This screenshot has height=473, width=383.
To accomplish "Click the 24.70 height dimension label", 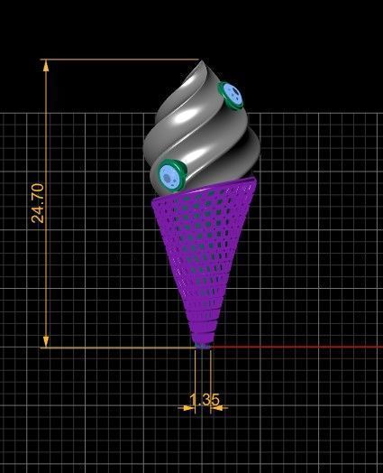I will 37,203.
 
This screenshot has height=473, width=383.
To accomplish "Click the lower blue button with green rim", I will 169,174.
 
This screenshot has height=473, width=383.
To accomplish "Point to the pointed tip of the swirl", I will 199,62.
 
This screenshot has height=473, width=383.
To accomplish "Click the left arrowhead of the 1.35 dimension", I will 190,407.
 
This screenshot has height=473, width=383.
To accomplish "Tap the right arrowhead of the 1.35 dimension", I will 217,407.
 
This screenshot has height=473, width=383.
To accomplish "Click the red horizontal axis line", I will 297,347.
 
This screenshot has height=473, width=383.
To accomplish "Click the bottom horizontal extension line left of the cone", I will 117,347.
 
